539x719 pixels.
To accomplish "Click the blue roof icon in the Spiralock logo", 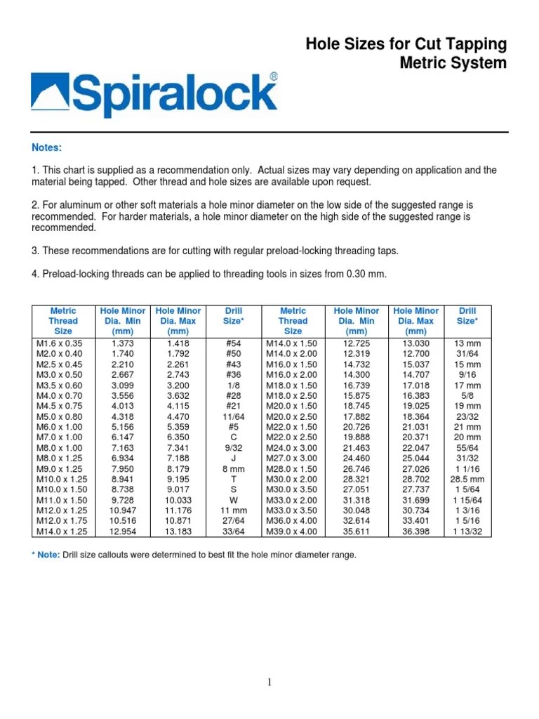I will (x=50, y=95).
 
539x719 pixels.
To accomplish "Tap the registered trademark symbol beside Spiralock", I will (x=273, y=77).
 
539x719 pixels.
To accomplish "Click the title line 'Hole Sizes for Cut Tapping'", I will (x=406, y=45).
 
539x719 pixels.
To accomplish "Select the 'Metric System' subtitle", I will (x=453, y=63).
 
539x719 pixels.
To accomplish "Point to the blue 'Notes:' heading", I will (x=47, y=147).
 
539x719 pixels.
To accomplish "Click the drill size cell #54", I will (x=234, y=343).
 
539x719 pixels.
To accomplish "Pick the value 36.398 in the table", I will (x=416, y=532).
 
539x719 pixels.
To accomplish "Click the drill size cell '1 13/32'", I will (x=467, y=532).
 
